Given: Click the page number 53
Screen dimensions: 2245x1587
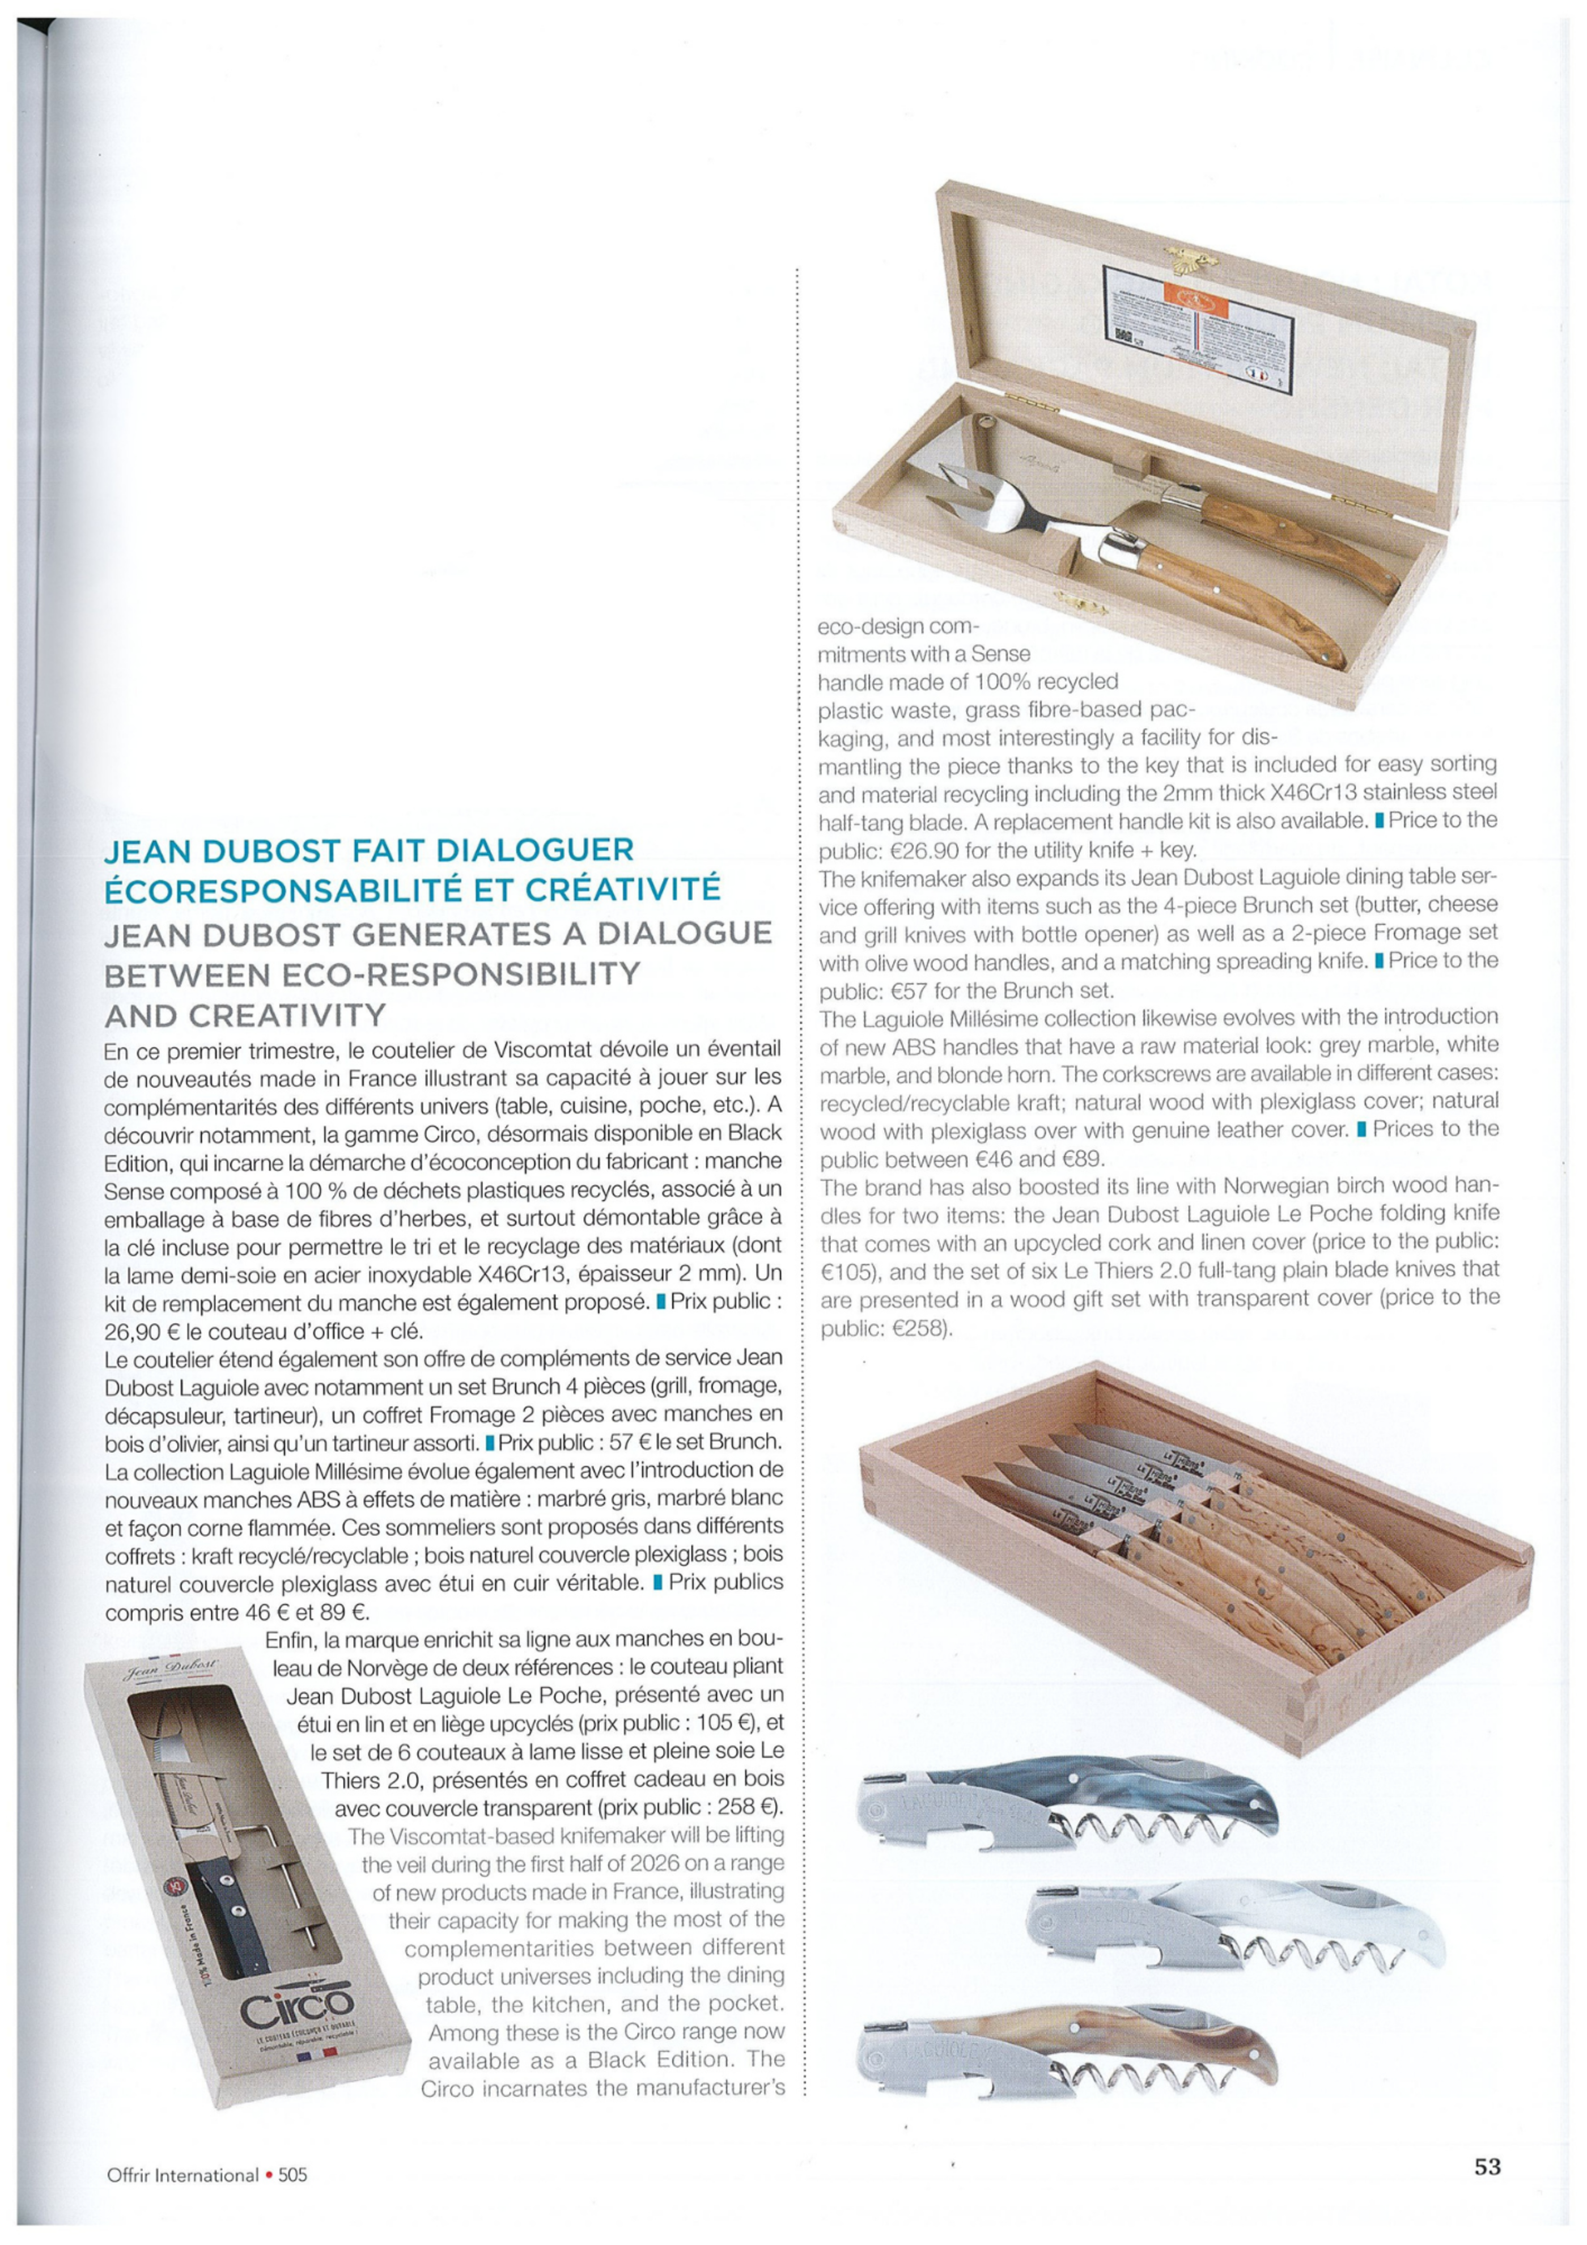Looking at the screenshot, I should pos(1486,2166).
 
